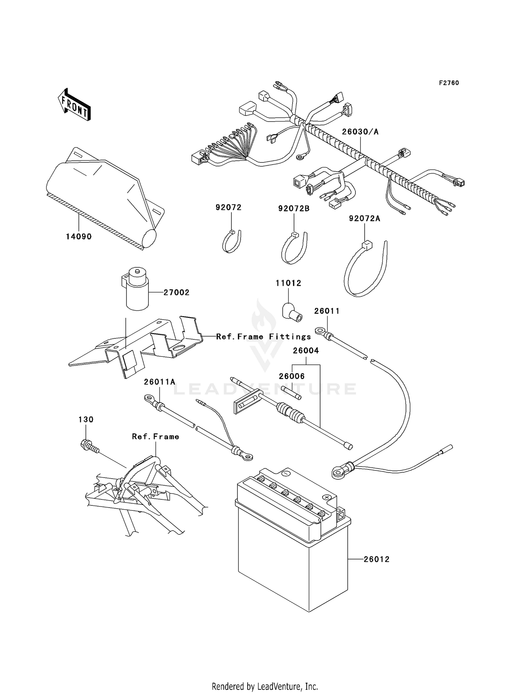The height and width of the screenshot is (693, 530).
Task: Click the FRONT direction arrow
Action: (x=74, y=105)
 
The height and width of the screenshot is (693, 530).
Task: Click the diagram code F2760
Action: (x=449, y=83)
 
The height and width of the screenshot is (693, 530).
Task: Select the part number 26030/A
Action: (x=360, y=132)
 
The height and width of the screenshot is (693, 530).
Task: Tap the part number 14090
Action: (x=79, y=237)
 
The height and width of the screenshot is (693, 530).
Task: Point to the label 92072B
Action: (x=294, y=209)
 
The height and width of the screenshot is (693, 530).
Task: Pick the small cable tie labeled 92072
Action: (x=231, y=242)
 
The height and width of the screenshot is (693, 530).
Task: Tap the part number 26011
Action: (x=327, y=311)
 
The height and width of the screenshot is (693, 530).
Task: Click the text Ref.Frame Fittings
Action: (x=263, y=337)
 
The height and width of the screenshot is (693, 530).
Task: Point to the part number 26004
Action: (x=306, y=350)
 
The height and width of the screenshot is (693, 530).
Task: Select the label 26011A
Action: (x=159, y=382)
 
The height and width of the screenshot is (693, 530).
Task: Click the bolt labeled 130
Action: (x=89, y=446)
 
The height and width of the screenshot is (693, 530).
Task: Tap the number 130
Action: (x=86, y=419)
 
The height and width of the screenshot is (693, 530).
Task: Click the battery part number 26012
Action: (x=377, y=559)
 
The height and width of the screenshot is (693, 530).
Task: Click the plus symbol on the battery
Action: (x=326, y=497)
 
